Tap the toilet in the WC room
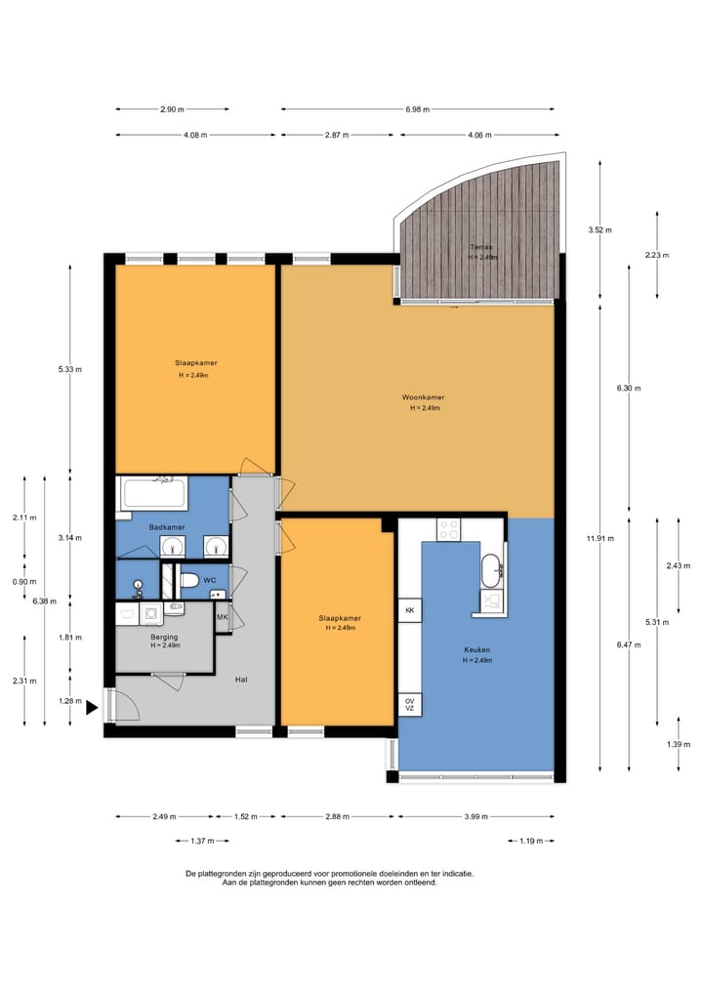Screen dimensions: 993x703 point(188,581)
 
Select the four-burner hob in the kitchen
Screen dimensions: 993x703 point(448,528)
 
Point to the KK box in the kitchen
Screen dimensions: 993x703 point(409,610)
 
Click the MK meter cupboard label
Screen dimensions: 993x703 point(222,617)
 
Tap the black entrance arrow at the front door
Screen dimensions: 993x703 point(92,708)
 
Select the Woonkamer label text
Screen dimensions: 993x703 point(423,397)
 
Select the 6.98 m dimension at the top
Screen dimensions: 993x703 point(418,108)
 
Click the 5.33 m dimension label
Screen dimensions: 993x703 point(70,369)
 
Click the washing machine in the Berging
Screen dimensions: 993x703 point(151,613)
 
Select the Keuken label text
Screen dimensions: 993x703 point(476,650)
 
